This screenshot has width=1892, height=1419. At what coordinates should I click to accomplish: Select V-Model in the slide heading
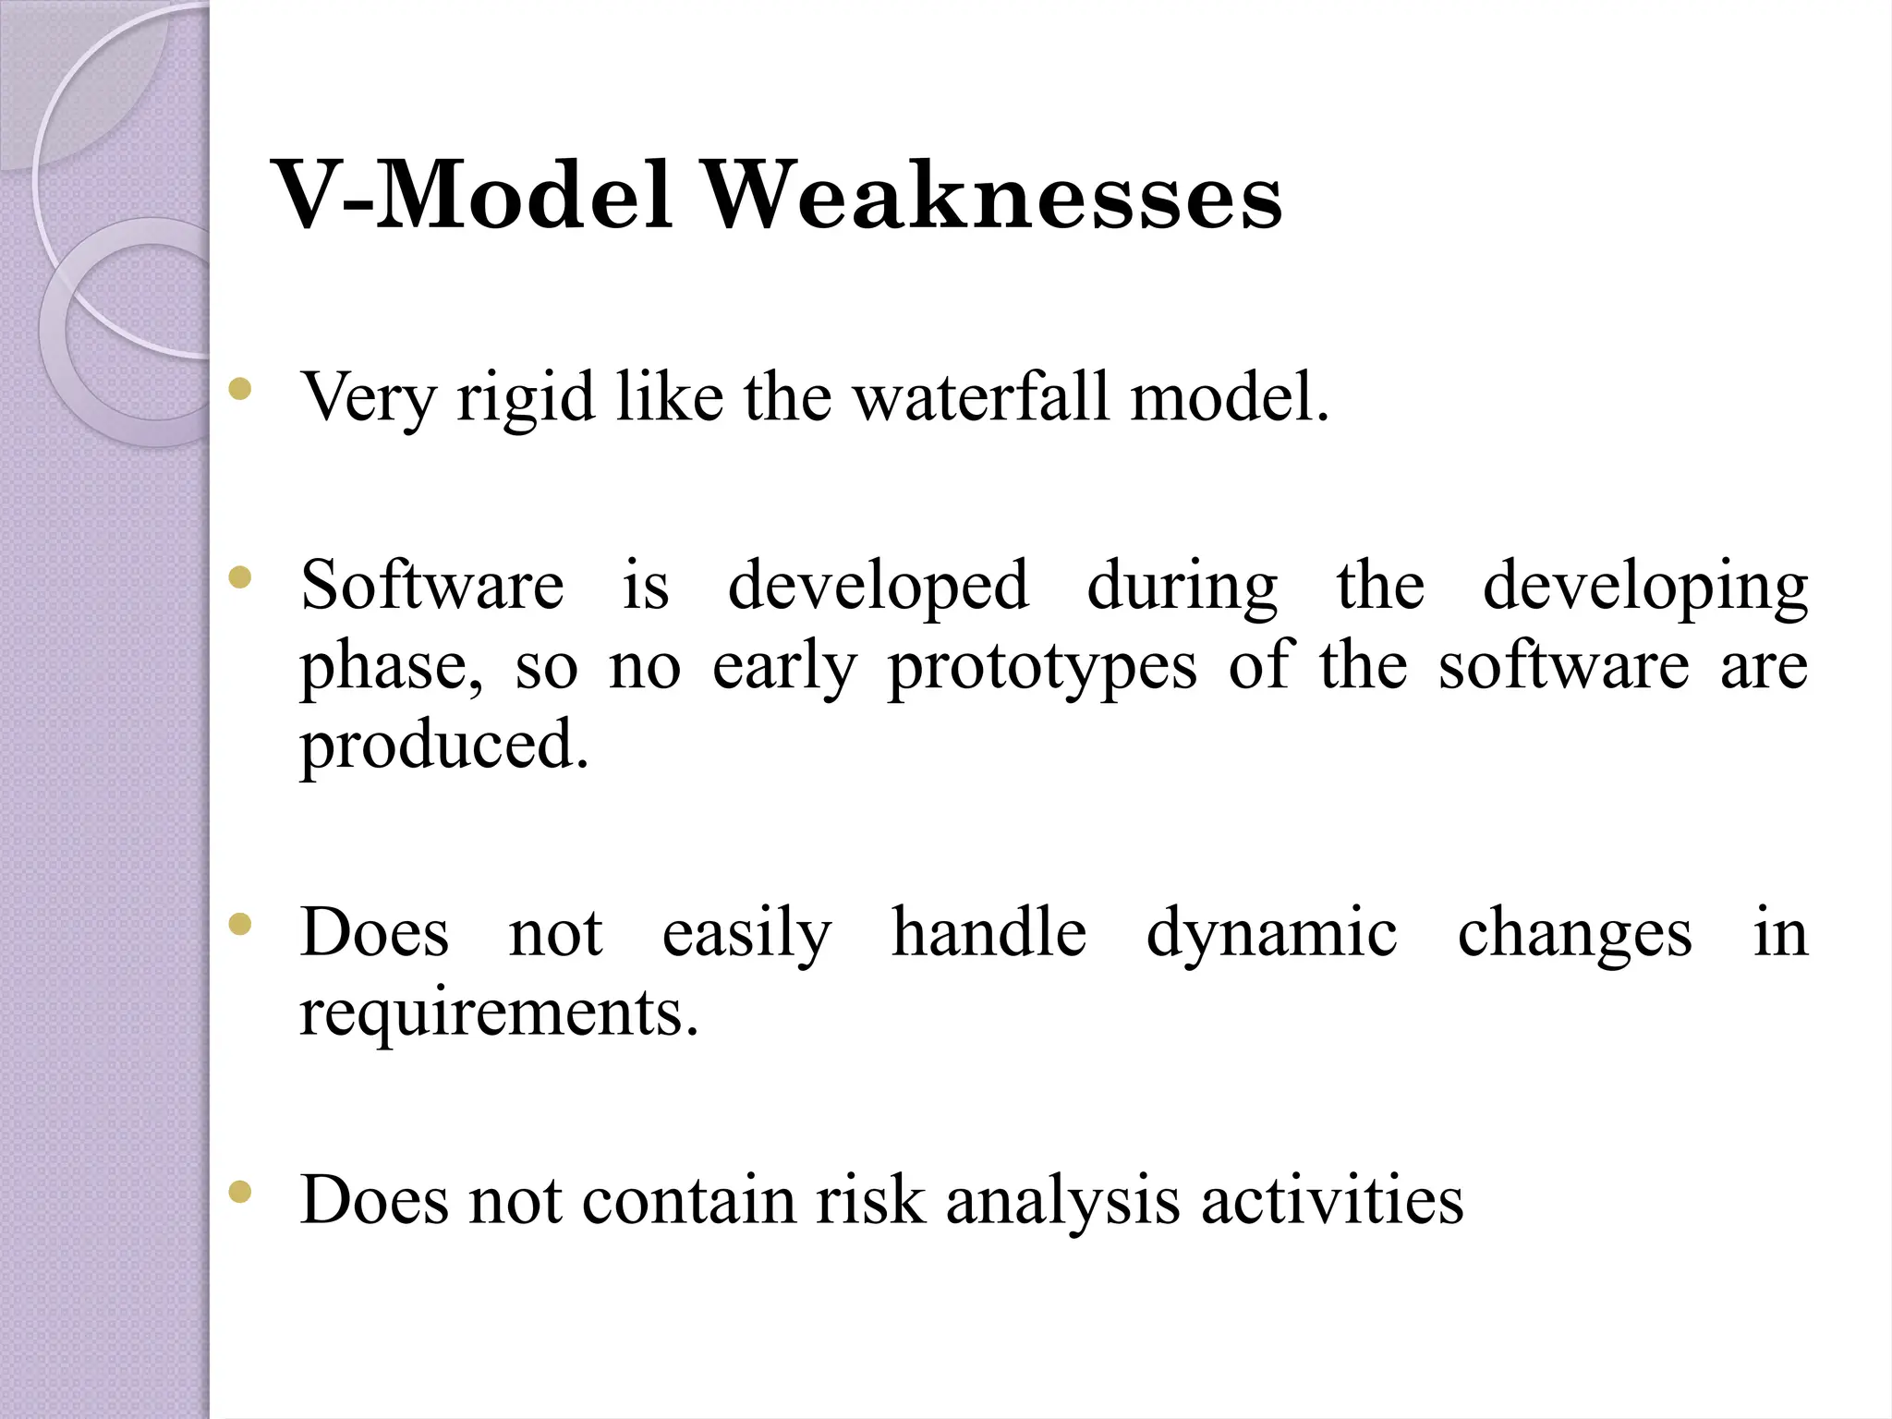[x=474, y=197]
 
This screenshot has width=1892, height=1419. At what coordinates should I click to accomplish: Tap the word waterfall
[x=980, y=397]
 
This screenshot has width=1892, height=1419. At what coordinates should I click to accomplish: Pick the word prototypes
[x=1042, y=667]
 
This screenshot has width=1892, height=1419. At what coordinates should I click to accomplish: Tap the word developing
[x=1644, y=588]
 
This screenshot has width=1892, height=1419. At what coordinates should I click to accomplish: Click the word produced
[x=444, y=746]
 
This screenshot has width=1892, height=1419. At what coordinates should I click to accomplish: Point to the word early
[x=784, y=667]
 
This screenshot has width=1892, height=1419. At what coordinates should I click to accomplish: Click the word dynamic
[x=1271, y=934]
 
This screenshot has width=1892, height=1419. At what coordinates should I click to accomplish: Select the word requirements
[x=499, y=1014]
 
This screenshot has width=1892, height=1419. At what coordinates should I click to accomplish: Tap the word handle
[x=988, y=932]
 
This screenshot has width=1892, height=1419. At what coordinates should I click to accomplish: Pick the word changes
[x=1574, y=934]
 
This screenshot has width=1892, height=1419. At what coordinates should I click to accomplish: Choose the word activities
[x=1331, y=1200]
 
